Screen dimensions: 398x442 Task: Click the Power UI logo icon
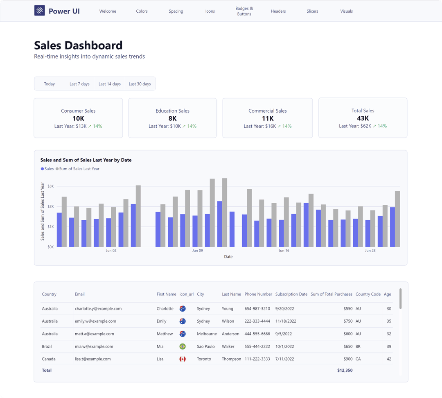(39, 11)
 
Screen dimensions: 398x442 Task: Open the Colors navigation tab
(142, 11)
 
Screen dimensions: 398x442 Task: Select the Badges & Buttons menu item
(244, 11)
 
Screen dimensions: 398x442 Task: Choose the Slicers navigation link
(312, 11)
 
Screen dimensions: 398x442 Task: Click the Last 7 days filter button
(79, 84)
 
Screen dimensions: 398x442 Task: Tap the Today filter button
(50, 84)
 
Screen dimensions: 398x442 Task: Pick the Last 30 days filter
(140, 84)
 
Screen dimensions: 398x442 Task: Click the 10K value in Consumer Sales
(78, 118)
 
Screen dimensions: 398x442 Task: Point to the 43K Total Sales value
(363, 118)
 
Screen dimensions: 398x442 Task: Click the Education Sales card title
(172, 111)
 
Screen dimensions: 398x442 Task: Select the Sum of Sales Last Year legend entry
(79, 169)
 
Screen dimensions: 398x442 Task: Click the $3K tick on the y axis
(51, 186)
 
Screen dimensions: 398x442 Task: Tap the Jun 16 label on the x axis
(284, 251)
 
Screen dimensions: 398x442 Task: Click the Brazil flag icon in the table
(183, 346)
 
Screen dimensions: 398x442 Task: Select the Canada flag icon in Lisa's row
(183, 359)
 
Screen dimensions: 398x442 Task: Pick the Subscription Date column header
(291, 294)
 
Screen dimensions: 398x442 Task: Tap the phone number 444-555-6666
(257, 334)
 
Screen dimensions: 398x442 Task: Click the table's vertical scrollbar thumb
(400, 298)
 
